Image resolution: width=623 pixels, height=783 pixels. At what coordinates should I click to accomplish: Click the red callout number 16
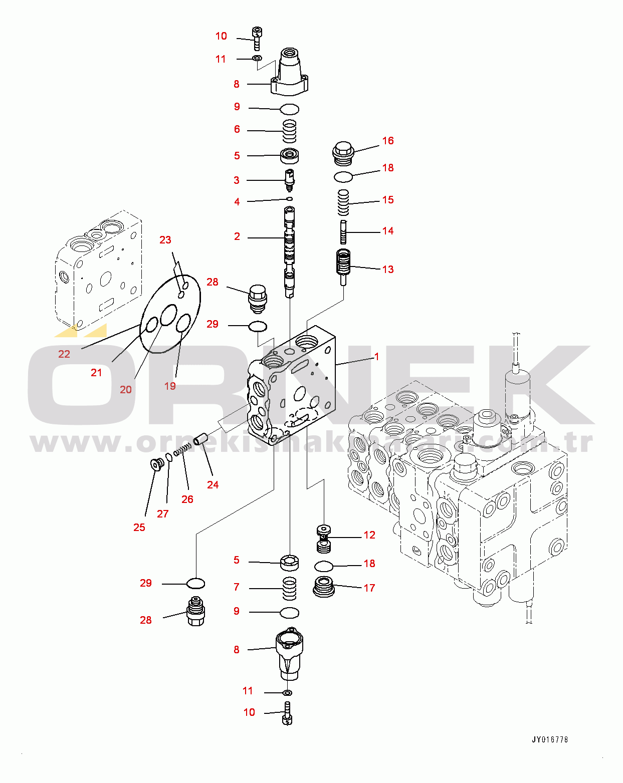[388, 141]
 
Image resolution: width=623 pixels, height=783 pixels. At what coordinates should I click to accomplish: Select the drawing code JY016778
[550, 739]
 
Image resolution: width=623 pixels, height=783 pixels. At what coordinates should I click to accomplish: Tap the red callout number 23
[165, 240]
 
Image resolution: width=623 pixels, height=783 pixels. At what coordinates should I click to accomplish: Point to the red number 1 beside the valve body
[376, 357]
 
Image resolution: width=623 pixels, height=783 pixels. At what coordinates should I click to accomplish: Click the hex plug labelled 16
[343, 153]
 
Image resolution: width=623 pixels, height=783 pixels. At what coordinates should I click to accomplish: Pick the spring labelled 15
[343, 203]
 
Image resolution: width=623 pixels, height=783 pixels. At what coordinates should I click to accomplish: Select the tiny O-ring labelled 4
[290, 199]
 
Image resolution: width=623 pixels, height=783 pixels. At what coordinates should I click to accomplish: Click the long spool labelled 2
[290, 252]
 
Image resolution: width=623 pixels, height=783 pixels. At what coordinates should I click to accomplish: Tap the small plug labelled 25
[157, 465]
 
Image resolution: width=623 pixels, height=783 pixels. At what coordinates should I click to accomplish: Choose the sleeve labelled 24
[200, 439]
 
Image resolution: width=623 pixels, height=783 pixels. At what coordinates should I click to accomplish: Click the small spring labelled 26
[182, 450]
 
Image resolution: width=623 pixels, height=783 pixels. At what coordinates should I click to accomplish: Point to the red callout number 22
[64, 354]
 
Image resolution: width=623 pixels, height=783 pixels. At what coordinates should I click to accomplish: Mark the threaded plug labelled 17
[324, 587]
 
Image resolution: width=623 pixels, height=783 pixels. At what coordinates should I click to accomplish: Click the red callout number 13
[388, 270]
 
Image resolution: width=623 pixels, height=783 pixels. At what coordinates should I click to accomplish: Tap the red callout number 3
[237, 180]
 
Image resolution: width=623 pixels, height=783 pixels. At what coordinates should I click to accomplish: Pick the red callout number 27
[163, 514]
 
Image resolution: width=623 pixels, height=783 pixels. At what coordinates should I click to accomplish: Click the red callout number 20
[126, 390]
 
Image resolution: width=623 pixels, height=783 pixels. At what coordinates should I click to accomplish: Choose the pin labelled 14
[343, 232]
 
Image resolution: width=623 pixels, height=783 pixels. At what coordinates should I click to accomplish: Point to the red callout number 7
[237, 587]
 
